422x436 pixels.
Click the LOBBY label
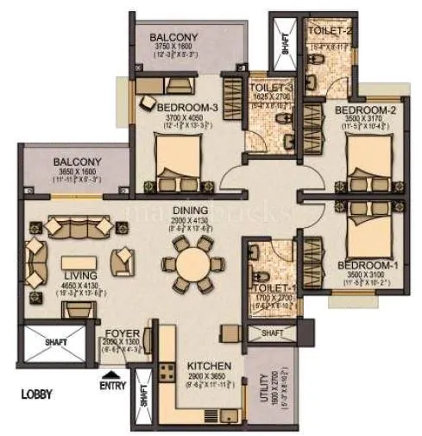click(x=37, y=394)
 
